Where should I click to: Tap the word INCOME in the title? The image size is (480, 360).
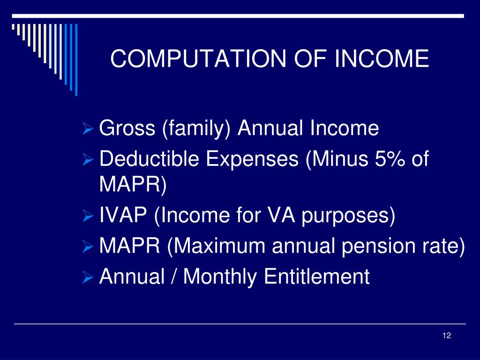pos(382,58)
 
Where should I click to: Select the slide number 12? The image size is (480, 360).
pos(447,336)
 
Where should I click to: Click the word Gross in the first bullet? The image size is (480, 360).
pos(127,127)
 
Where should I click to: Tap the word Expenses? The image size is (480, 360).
pos(252,159)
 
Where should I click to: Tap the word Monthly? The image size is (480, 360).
pos(220,277)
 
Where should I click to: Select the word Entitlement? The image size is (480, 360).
pos(316,276)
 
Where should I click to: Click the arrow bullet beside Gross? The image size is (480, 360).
pos(88,128)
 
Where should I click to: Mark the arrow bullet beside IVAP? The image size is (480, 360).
pos(88,216)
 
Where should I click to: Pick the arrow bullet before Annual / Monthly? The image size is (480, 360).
pos(88,277)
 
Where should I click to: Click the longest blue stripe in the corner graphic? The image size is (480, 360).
pos(76,60)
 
